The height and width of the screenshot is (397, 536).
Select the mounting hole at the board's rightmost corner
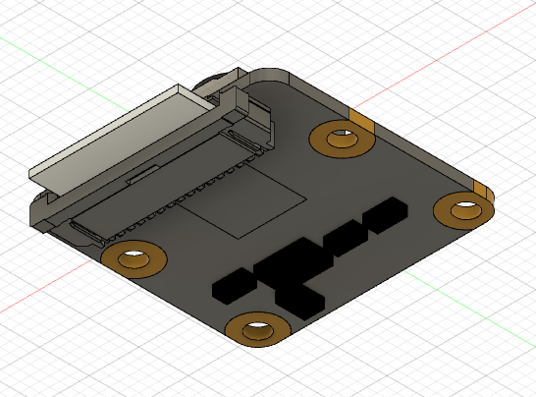(x=461, y=208)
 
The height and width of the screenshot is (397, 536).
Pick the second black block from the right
(x=342, y=238)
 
